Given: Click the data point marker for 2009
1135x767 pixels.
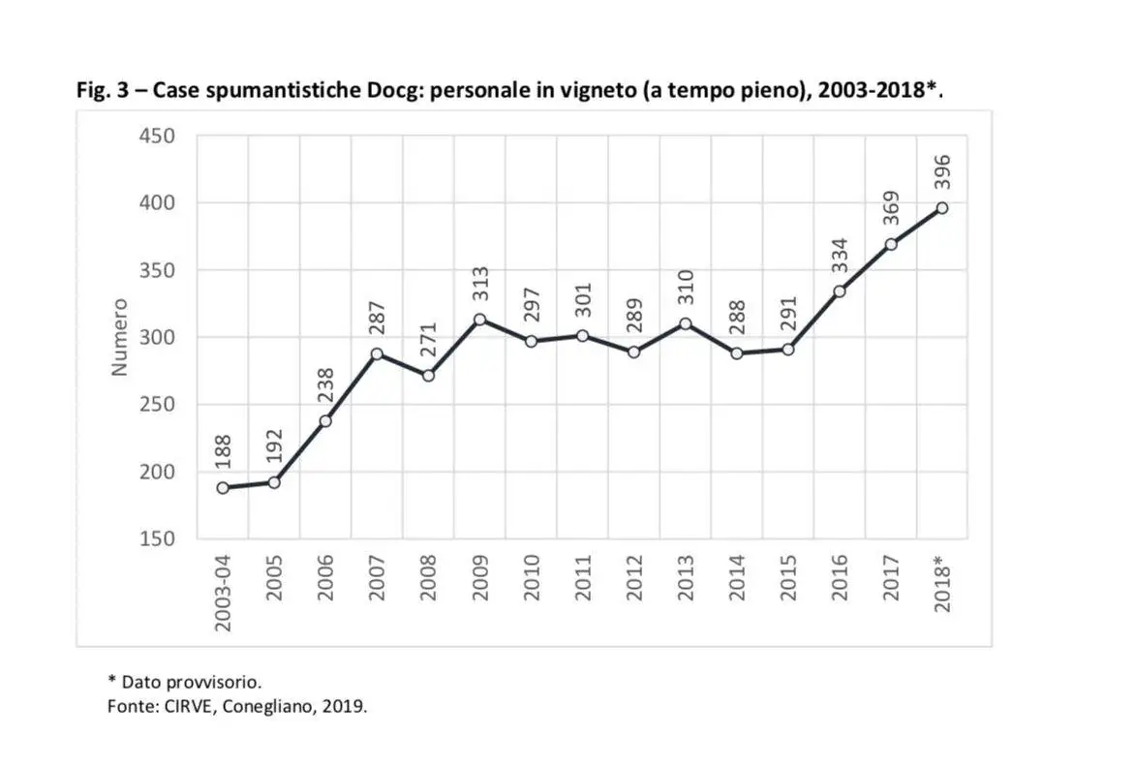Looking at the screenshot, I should click(479, 320).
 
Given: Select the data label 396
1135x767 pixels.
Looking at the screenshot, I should click(941, 172).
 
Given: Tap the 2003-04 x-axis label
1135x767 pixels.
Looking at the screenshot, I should click(223, 593).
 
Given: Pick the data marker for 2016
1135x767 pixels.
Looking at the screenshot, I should click(839, 291).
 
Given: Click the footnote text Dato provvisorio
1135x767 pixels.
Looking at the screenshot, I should click(191, 681).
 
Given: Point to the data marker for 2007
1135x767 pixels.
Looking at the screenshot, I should click(377, 354).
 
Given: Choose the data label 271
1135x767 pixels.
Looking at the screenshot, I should click(428, 341).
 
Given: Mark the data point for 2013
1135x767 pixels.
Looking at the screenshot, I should click(685, 323).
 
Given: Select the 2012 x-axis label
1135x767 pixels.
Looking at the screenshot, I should click(634, 577).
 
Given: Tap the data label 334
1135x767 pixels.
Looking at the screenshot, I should click(839, 256).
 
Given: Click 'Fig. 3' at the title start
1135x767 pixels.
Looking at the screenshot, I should click(104, 91).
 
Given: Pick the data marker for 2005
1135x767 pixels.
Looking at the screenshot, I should click(274, 482).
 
